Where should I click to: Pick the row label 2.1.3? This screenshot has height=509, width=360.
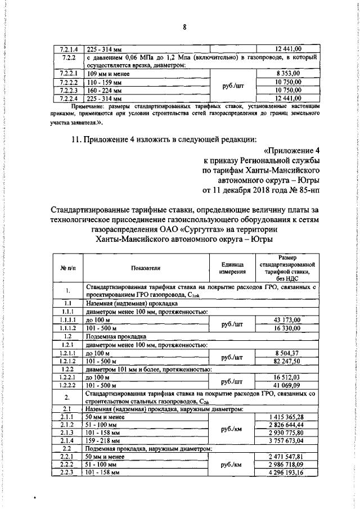click(67, 433)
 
